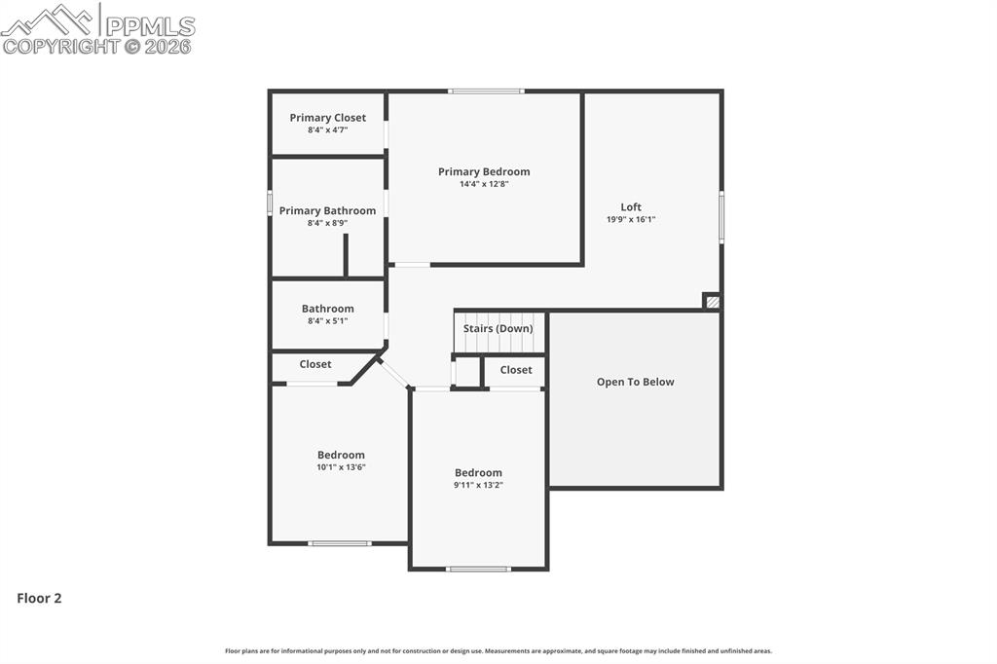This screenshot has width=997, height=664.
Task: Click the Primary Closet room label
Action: [328, 118]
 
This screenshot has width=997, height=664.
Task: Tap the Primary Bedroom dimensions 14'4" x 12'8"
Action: [484, 184]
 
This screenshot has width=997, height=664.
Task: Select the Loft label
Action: [631, 206]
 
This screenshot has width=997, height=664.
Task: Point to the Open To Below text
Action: [635, 382]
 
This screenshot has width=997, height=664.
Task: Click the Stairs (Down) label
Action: [498, 328]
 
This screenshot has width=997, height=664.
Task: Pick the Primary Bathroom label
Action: [327, 210]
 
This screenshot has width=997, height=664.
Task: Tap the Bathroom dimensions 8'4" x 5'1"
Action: [327, 321]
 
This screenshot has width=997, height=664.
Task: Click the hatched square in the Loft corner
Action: [713, 302]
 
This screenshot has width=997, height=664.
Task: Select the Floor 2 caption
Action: [39, 598]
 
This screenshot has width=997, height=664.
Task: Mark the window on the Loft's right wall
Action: [721, 216]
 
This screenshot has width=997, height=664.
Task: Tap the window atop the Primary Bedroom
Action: [486, 92]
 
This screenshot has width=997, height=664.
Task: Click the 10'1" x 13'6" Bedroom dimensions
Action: [341, 467]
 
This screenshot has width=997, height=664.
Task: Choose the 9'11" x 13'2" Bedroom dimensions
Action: [478, 485]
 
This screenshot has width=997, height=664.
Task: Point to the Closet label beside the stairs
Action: [516, 370]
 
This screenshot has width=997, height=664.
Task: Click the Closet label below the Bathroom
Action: [315, 364]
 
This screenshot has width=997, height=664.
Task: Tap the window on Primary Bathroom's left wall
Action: [270, 203]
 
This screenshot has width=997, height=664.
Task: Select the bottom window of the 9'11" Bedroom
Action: [478, 569]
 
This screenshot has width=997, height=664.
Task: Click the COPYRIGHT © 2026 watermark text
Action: [97, 46]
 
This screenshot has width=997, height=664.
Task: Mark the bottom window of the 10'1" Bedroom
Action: [340, 543]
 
